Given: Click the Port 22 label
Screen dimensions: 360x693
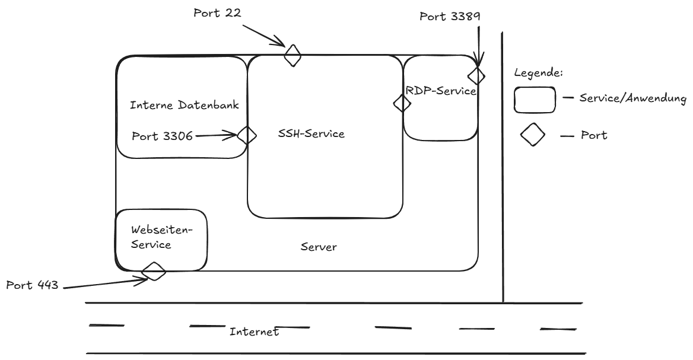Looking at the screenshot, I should pos(217,13).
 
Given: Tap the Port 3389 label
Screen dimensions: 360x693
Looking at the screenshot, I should pos(450,17).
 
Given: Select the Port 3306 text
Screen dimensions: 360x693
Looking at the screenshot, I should pos(162,136).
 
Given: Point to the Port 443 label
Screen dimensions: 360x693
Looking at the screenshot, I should pos(32,285).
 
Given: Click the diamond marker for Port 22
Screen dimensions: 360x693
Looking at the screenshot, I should pos(292,55).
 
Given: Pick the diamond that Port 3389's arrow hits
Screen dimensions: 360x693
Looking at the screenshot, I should pos(476,75).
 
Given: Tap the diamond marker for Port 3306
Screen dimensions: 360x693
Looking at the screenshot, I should pos(246,135).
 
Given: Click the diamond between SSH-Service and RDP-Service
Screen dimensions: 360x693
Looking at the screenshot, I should pos(402,103).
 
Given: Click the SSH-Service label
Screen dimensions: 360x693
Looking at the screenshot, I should pos(311,134).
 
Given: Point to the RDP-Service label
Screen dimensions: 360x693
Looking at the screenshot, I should pos(441,91).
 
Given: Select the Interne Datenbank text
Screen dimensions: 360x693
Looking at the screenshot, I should pos(184,106).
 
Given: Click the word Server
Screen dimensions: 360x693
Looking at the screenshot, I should pos(319,247).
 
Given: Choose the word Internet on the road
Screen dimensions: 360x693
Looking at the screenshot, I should pos(254,332).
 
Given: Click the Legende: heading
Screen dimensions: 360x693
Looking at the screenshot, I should pos(538,74).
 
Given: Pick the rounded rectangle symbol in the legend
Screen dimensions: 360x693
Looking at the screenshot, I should pos(535,100).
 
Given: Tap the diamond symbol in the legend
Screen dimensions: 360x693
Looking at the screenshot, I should pos(533,135).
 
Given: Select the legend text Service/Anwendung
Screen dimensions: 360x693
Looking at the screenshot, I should pos(632,98).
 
